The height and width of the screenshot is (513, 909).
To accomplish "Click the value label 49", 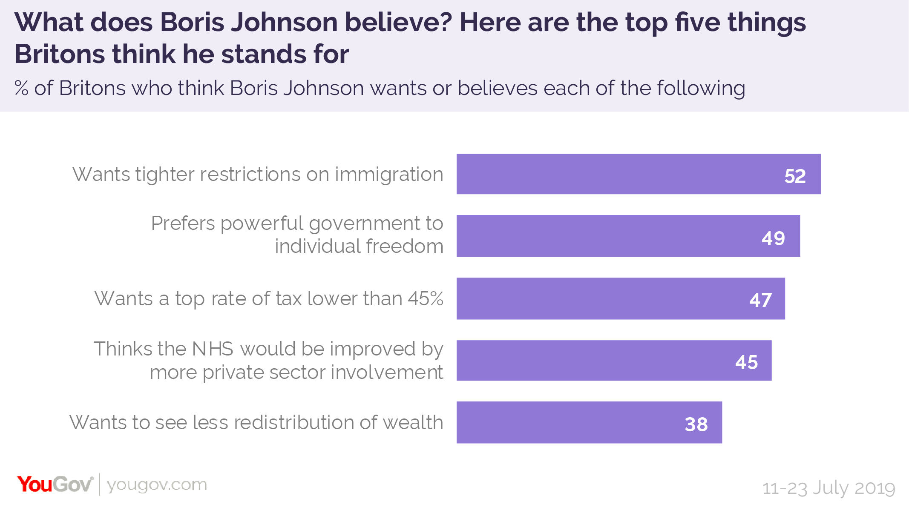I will tap(773, 238).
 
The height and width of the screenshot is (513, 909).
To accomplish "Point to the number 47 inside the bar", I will tap(760, 300).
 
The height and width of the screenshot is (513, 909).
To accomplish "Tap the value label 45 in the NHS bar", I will tap(746, 362).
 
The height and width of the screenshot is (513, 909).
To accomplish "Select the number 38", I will tap(696, 424).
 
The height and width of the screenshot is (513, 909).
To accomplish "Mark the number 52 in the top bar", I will tap(795, 176).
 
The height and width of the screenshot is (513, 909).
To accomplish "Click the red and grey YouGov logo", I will tap(55, 484).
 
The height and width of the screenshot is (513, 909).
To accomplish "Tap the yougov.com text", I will tap(157, 484).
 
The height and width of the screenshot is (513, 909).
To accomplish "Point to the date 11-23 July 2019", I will tap(828, 488).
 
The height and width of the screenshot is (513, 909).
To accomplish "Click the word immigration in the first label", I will tap(389, 175).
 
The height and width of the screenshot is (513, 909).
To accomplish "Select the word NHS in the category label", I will tap(213, 349).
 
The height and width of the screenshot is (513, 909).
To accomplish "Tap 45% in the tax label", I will tap(426, 298).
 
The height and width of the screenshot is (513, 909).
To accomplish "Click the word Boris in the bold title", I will tap(192, 22).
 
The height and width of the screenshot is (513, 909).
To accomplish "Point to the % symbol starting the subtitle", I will tap(21, 88).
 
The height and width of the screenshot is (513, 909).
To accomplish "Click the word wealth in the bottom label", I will tap(413, 422).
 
